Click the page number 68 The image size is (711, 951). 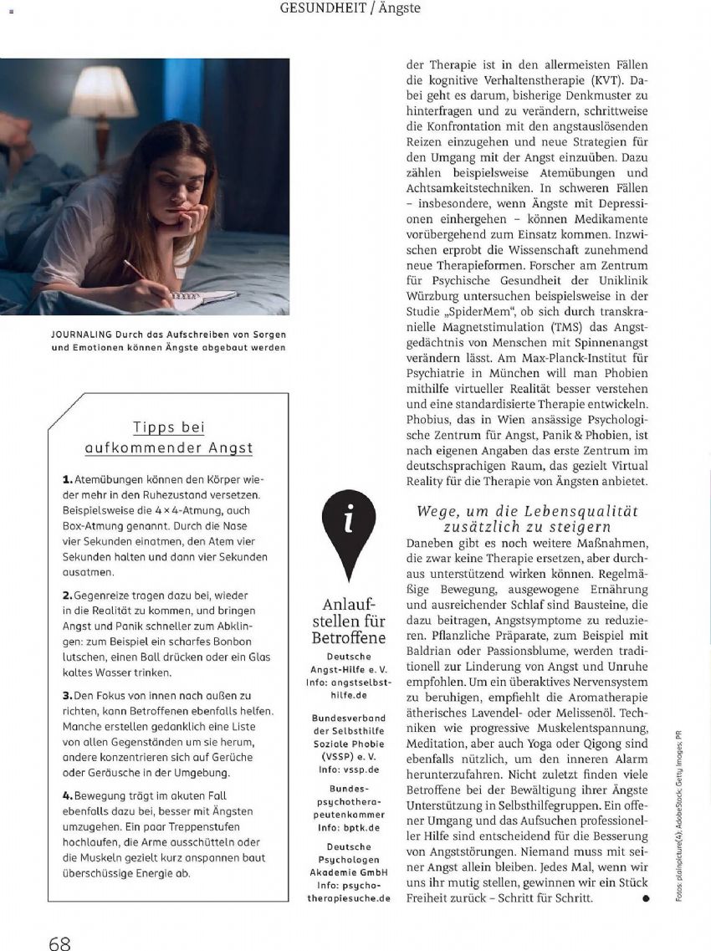pos(59,943)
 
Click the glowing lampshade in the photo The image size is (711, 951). pos(104,93)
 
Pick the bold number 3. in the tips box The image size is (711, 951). pos(68,695)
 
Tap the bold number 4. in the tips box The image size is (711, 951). pos(68,795)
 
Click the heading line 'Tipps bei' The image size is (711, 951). pos(169,427)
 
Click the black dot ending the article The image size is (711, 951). pos(645,898)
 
